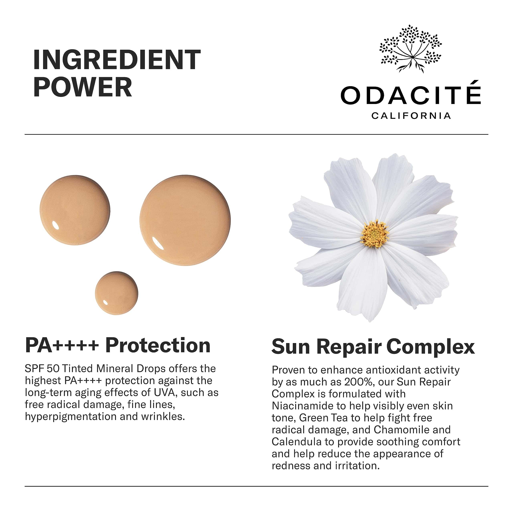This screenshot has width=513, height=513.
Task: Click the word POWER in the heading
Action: tap(83, 87)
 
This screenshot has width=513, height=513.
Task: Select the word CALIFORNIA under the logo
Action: tap(411, 116)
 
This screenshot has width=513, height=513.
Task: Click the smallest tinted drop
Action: tap(117, 293)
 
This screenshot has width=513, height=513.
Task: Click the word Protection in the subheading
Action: tap(158, 346)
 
